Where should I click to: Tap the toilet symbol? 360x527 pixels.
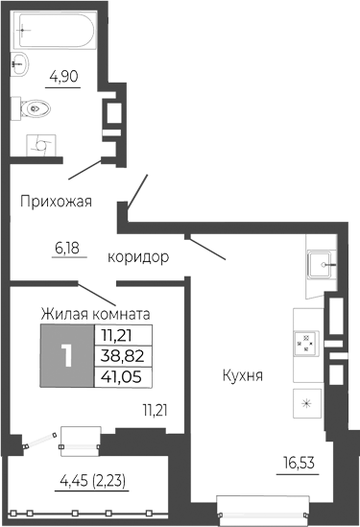click(34, 108)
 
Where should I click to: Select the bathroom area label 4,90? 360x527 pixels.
click(62, 73)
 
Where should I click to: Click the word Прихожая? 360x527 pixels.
click(57, 201)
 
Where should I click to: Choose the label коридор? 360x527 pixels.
click(139, 257)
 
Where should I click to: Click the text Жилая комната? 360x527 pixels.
click(95, 312)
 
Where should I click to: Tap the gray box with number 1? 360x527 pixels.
click(66, 355)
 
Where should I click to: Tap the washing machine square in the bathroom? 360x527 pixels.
click(40, 143)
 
